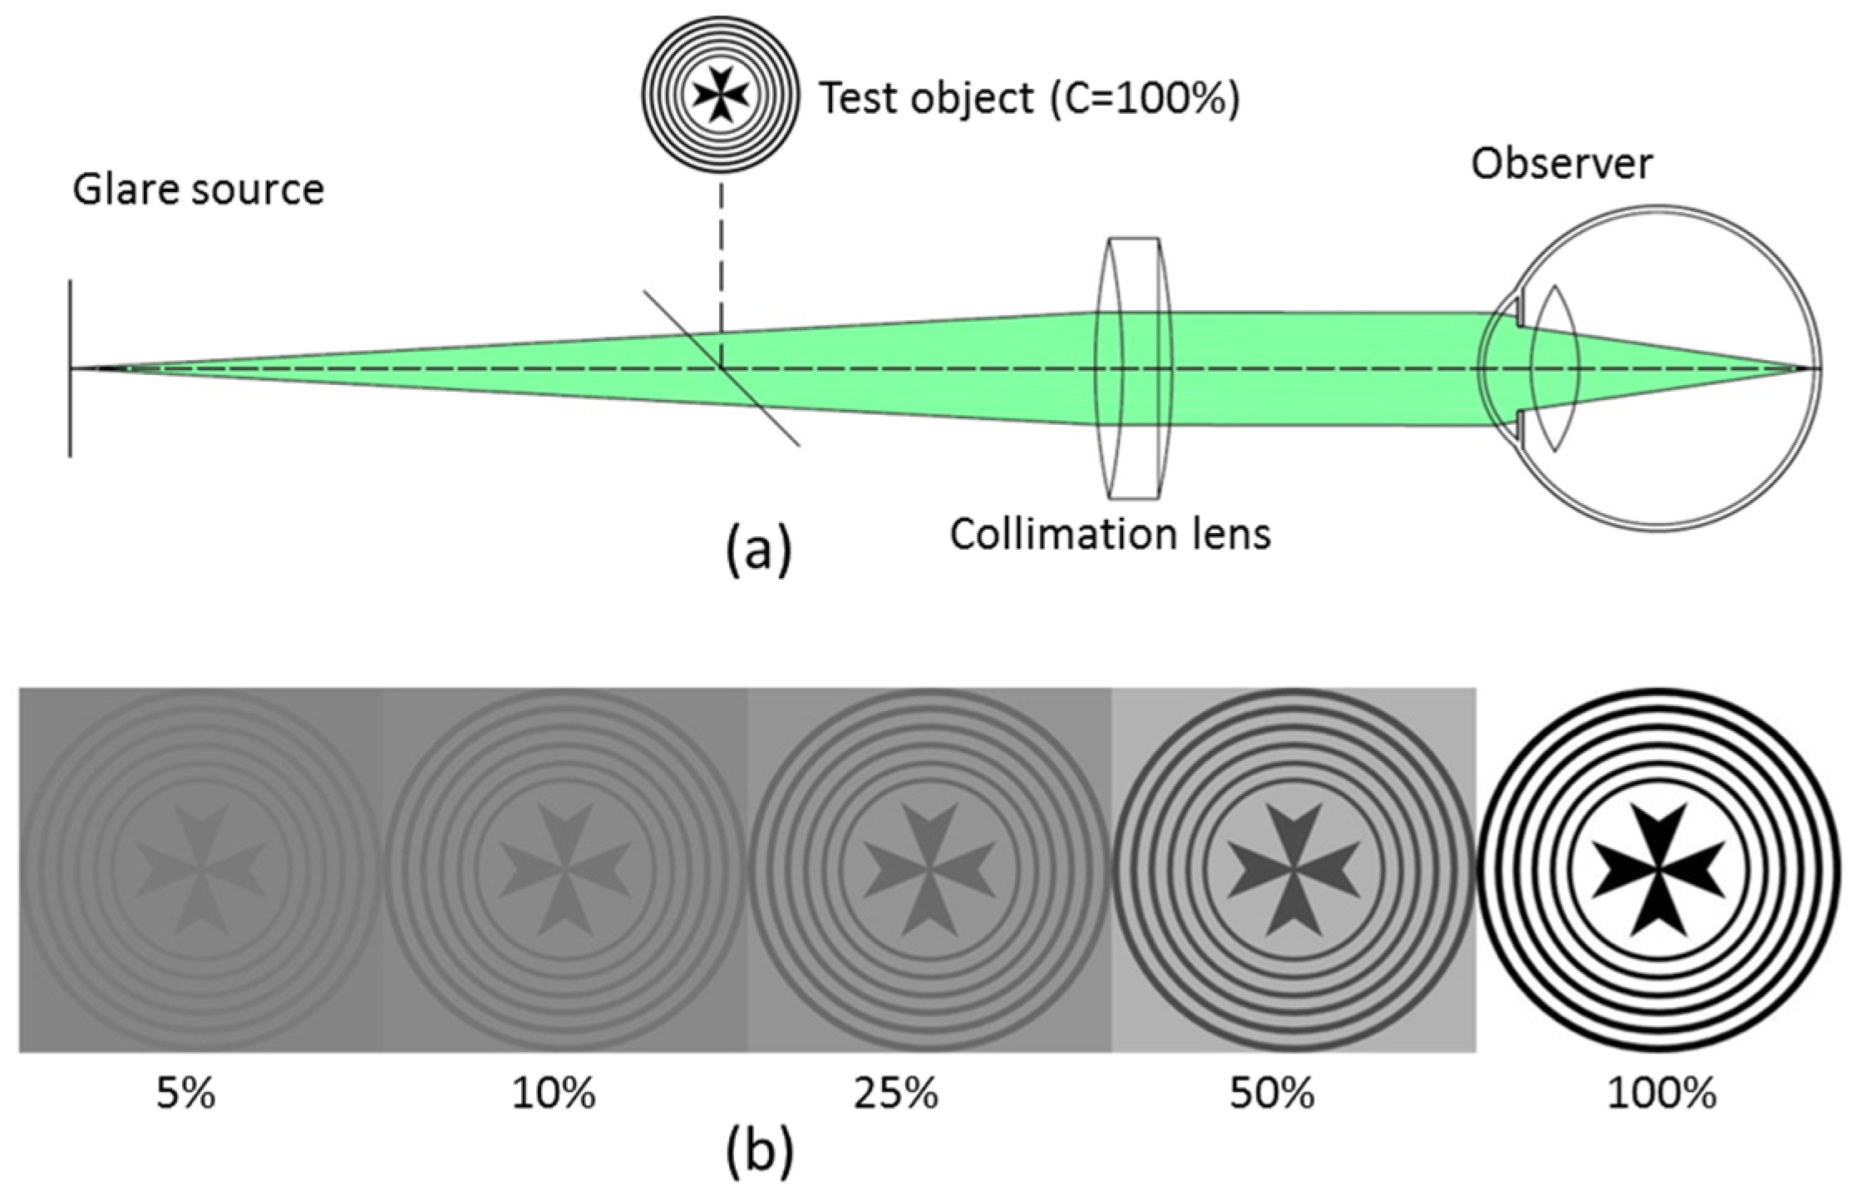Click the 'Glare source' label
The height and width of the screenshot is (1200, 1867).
tap(198, 190)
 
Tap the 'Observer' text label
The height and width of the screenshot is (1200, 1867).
tap(1561, 164)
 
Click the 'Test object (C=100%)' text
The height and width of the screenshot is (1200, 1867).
tap(1029, 99)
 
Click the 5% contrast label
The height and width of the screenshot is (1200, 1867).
tap(185, 1094)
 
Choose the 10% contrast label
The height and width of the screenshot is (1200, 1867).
tap(554, 1094)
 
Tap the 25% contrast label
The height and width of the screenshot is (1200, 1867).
tap(896, 1094)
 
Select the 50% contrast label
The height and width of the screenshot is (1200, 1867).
tap(1272, 1094)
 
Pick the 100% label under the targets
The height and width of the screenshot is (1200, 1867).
tap(1661, 1094)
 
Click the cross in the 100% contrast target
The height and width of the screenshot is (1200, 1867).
tap(1658, 870)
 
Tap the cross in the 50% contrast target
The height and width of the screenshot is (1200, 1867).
tap(1293, 870)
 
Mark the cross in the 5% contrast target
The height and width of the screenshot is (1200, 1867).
tap(200, 870)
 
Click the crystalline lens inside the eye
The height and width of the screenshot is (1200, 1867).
tap(1555, 368)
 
